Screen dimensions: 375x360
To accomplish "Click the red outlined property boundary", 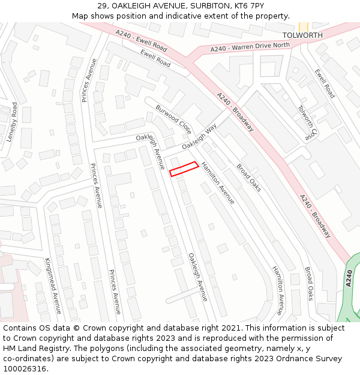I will (x=184, y=169).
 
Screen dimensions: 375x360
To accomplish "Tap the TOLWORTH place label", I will (x=302, y=35).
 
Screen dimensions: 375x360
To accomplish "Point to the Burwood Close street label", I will (x=173, y=119).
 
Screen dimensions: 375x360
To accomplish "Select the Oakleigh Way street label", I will (x=199, y=137).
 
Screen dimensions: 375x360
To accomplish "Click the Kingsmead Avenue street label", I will (x=53, y=286).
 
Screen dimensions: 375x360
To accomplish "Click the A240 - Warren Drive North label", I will (x=250, y=47).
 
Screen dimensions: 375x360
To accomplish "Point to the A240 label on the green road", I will (x=350, y=278).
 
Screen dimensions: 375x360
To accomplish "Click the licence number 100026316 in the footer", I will (x=25, y=369).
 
